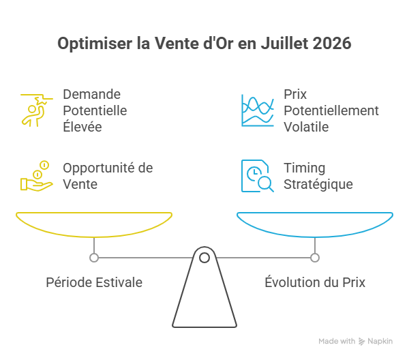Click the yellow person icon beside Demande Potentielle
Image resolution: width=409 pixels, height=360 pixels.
[37, 110]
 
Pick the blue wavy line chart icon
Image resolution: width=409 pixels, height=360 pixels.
[258, 110]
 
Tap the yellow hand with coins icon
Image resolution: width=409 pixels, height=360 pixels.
[37, 176]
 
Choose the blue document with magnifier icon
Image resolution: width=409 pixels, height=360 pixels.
[258, 176]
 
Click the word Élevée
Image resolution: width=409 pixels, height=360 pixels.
[82, 126]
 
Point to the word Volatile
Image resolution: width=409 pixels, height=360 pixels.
[306, 127]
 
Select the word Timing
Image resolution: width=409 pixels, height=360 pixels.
[305, 168]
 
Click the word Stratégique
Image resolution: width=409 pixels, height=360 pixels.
[318, 185]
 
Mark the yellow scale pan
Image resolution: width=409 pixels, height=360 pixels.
[94, 236]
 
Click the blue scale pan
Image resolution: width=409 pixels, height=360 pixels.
[315, 236]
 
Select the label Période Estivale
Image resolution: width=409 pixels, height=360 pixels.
[94, 282]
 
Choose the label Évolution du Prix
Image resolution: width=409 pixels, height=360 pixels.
[315, 282]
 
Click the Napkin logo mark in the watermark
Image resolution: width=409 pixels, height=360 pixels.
[361, 341]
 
